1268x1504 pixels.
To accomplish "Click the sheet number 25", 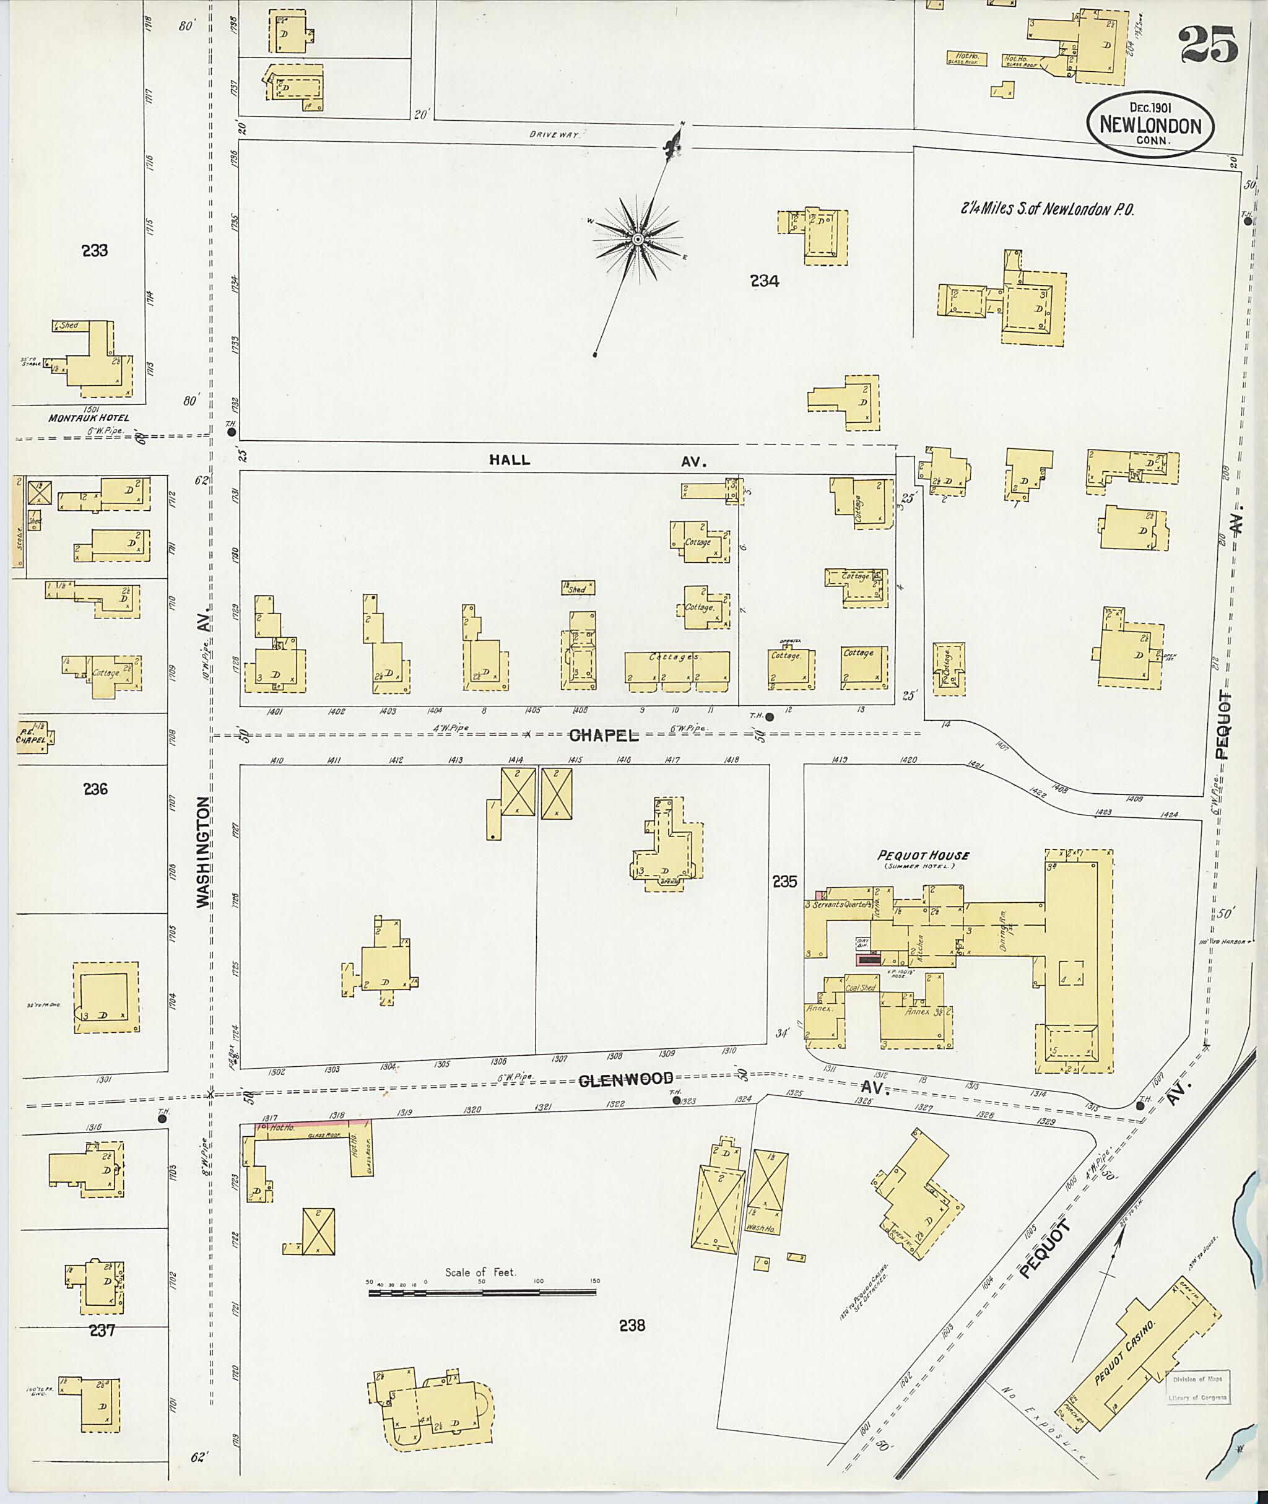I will coord(1207,45).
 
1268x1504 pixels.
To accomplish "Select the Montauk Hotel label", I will coord(89,418).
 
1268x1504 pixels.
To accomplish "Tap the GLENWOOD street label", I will coord(626,1079).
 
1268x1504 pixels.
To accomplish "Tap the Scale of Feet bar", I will coord(482,1292).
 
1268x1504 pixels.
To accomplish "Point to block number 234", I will coord(764,281).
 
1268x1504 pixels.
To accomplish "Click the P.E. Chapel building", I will coord(32,737).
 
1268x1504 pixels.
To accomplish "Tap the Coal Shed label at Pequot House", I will coord(861,988).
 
